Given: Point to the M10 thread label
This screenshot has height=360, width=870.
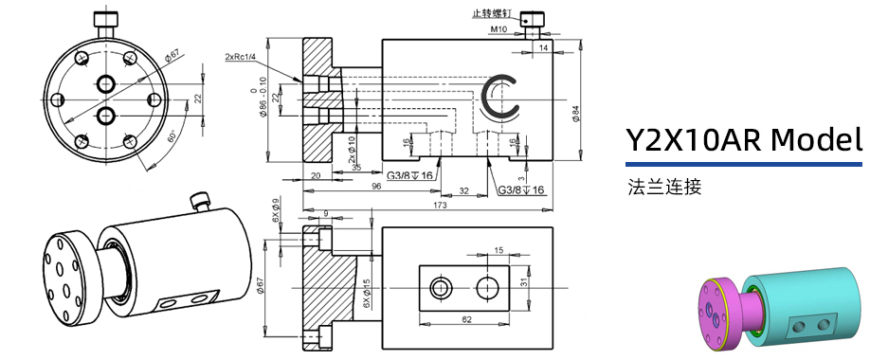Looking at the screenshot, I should (x=499, y=30).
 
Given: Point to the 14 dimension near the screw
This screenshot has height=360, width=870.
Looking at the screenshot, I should (x=543, y=46).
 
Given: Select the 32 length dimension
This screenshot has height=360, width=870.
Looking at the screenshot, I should (x=462, y=190).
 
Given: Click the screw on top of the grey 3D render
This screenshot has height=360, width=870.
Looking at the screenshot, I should (x=199, y=201).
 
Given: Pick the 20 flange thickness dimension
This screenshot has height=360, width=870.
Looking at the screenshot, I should (x=316, y=176).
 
